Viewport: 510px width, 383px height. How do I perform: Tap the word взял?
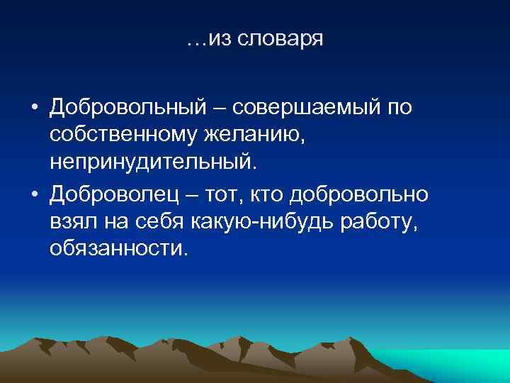point(73,223)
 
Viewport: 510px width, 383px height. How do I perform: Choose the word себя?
point(160,223)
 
